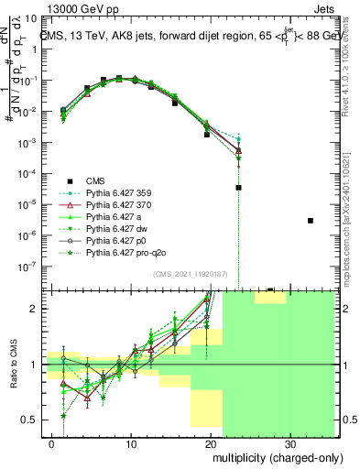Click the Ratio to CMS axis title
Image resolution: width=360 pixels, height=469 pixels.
coord(12,363)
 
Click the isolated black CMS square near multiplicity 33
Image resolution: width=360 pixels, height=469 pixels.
coord(311,221)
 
